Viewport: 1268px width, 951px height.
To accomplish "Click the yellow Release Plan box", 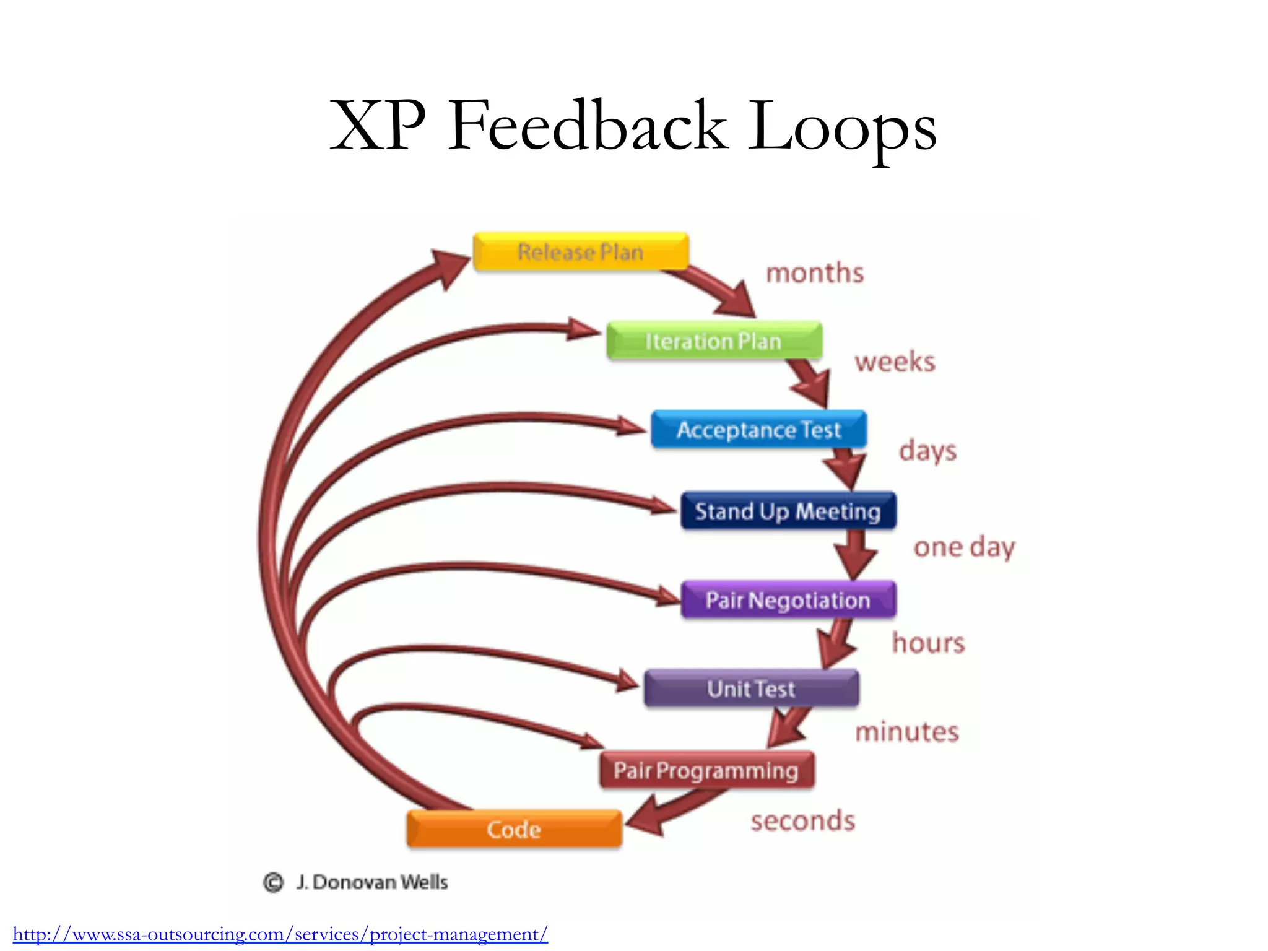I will click(x=581, y=252).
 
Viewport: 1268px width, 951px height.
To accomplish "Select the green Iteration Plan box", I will click(x=714, y=341).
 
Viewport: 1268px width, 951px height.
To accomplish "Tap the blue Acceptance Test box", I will click(x=758, y=430).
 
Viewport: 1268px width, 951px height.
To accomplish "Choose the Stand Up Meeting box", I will click(x=788, y=511).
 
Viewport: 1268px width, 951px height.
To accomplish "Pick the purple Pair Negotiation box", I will click(x=788, y=600).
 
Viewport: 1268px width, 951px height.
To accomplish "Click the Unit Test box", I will click(x=751, y=688).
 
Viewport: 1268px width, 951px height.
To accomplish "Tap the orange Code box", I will click(x=514, y=829).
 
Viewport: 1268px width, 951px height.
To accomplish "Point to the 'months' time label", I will click(x=815, y=273).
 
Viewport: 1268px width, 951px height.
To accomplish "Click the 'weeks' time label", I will click(x=895, y=362).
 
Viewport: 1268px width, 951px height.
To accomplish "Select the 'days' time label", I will click(x=927, y=451).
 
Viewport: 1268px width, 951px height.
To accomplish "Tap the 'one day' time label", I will click(x=964, y=547).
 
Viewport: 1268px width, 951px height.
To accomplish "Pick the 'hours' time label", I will click(x=928, y=643).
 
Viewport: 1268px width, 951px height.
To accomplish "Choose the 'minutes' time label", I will click(x=907, y=732).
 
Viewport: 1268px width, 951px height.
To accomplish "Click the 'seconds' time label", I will click(x=803, y=821).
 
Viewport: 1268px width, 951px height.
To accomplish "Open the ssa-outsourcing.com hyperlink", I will click(x=280, y=934).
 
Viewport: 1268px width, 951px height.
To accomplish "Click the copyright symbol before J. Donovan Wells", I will click(x=273, y=882).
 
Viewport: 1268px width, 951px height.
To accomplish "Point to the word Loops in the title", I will click(x=843, y=127).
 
